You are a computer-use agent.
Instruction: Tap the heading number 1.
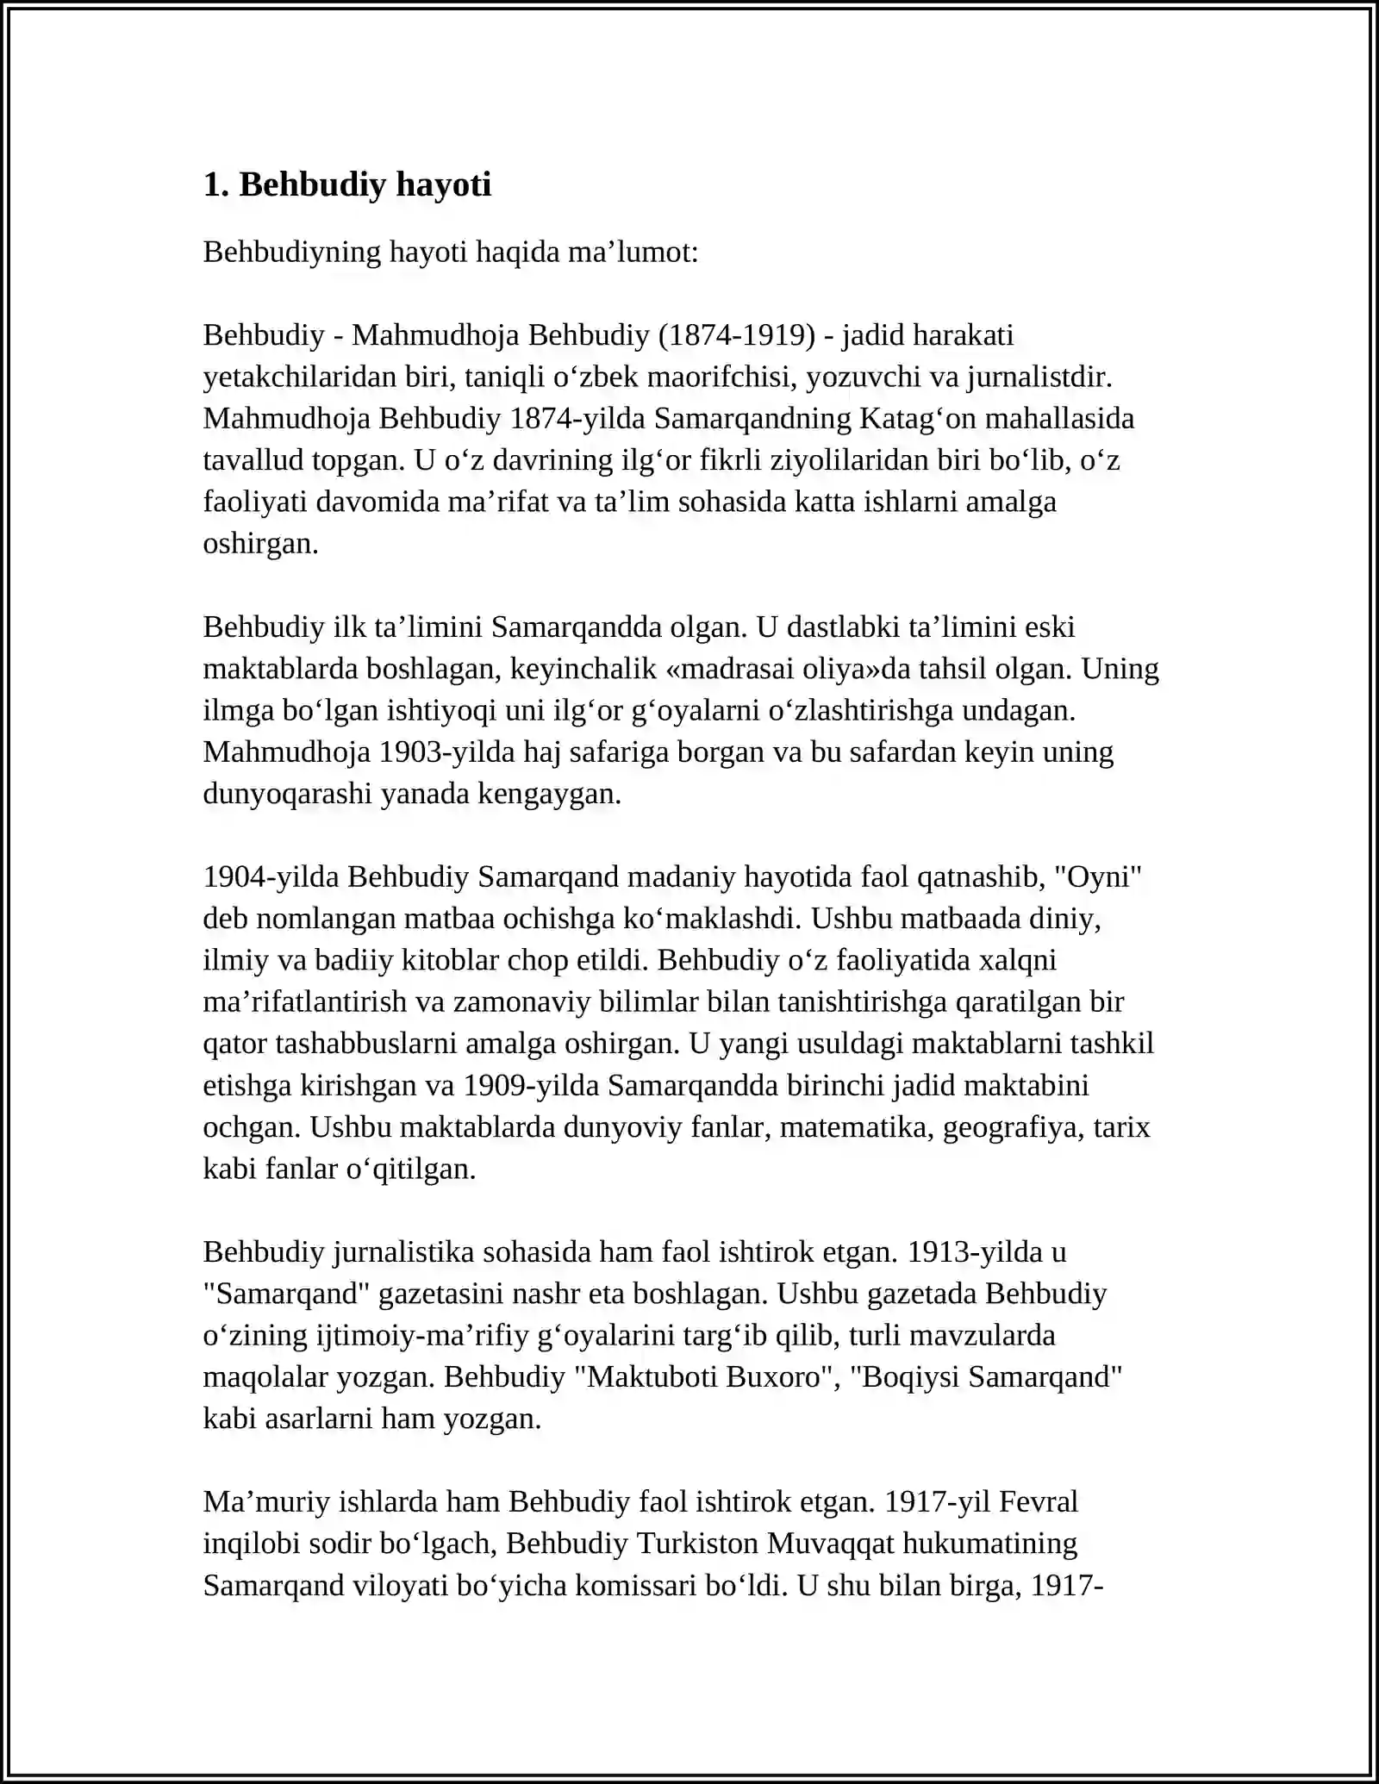214,184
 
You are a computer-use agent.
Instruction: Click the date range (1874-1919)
736,334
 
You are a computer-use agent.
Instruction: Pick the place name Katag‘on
917,418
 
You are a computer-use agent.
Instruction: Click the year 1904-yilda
271,876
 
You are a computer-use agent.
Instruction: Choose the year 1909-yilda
530,1085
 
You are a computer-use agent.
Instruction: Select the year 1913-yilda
976,1251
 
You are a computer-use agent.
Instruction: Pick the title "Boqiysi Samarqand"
986,1376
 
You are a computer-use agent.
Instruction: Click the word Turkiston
697,1543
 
